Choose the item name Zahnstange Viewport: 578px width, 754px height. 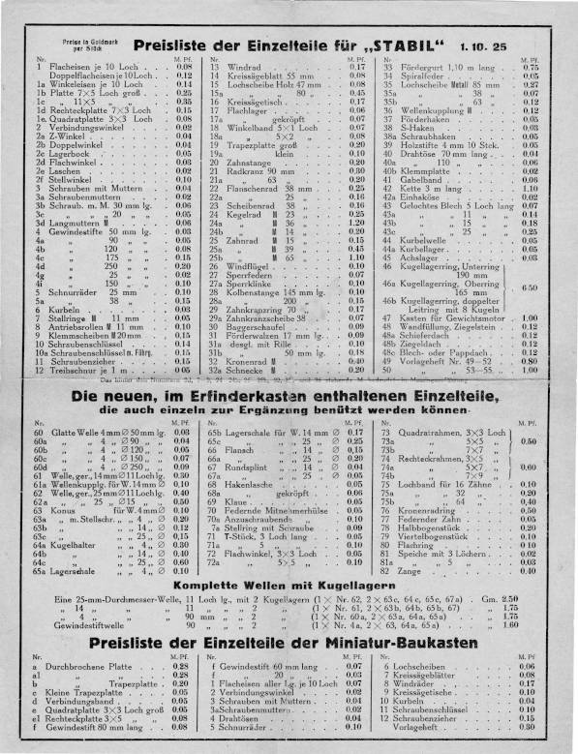pyautogui.click(x=251, y=162)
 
